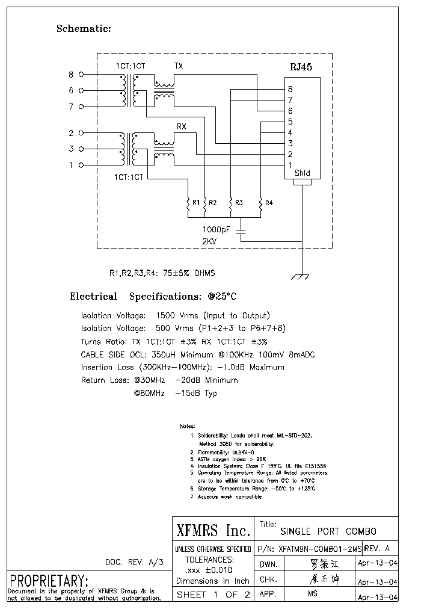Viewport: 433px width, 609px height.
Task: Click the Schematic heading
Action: tap(84, 28)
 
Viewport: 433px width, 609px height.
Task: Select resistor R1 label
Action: tap(195, 203)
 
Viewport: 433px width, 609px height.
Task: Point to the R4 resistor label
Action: tap(269, 203)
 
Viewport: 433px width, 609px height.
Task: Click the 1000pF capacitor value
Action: tap(216, 229)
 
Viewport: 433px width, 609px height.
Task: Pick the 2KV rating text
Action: tap(209, 241)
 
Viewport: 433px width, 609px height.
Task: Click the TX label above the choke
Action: tap(179, 66)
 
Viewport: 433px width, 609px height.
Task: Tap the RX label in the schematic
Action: tap(181, 126)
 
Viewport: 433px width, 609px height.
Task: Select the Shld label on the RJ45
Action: tap(302, 173)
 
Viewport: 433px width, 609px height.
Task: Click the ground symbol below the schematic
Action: tap(300, 277)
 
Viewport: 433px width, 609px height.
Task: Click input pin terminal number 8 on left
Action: tap(71, 75)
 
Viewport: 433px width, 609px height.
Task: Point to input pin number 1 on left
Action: tap(71, 165)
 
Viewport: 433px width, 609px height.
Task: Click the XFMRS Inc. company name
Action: tap(213, 530)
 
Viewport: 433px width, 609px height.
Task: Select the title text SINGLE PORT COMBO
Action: tap(328, 531)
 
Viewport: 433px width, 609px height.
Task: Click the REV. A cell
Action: tap(378, 548)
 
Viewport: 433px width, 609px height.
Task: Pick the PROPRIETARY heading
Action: tap(49, 581)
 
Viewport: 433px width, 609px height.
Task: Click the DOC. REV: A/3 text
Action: tap(134, 562)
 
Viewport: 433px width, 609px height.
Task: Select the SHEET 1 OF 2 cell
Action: tap(213, 595)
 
